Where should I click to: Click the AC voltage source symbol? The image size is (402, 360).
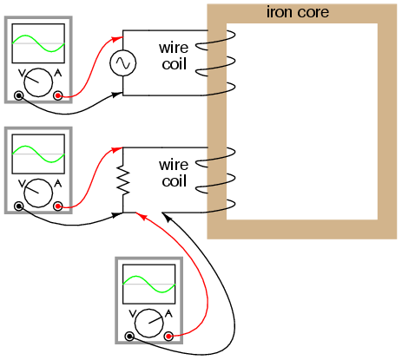[123, 63]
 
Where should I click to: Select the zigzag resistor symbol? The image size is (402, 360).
[123, 180]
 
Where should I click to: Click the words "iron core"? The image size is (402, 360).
[298, 12]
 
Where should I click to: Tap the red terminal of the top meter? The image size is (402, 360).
[58, 95]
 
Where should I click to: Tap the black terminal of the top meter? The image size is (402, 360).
[19, 95]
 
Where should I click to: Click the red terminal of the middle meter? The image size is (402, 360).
[58, 206]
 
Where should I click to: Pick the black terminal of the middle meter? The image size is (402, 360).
[19, 206]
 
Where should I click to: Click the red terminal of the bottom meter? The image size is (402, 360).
[168, 337]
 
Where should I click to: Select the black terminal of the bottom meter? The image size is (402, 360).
[129, 337]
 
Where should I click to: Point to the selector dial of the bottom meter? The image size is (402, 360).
[149, 324]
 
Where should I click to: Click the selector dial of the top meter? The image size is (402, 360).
[38, 82]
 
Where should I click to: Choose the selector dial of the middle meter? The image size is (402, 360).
[38, 193]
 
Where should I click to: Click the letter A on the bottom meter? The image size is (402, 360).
[168, 313]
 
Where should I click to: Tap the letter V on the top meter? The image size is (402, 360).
[22, 73]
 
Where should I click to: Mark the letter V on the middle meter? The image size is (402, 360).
[22, 183]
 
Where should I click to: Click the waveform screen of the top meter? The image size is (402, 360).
[38, 43]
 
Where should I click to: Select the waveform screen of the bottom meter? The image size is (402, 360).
[149, 284]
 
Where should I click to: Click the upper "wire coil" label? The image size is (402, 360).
[174, 56]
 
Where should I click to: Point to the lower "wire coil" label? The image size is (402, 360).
[174, 173]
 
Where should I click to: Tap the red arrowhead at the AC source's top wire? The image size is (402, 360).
[117, 38]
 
